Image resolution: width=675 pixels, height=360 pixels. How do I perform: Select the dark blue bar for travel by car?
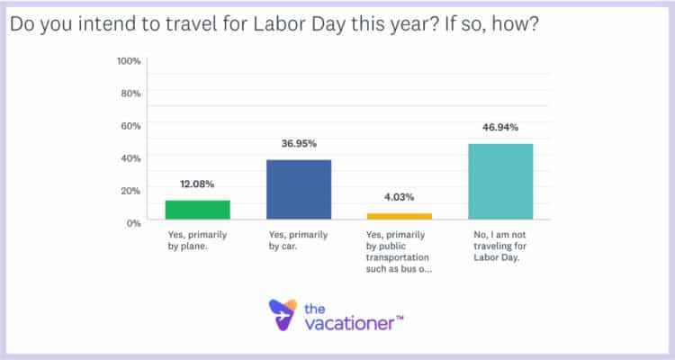(x=300, y=190)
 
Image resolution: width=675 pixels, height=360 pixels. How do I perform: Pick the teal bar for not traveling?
(x=500, y=182)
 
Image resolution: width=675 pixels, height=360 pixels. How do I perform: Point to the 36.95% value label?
(x=300, y=144)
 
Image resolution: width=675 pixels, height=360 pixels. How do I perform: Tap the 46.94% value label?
(x=500, y=129)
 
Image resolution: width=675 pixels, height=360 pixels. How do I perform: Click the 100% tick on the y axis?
(x=130, y=60)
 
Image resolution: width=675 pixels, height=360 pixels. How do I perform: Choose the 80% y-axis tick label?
(x=131, y=93)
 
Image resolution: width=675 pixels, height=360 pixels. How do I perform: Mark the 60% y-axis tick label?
(x=131, y=125)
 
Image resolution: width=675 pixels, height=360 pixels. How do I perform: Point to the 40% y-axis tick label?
(x=131, y=157)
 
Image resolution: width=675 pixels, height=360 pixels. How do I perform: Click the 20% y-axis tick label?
(x=131, y=190)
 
